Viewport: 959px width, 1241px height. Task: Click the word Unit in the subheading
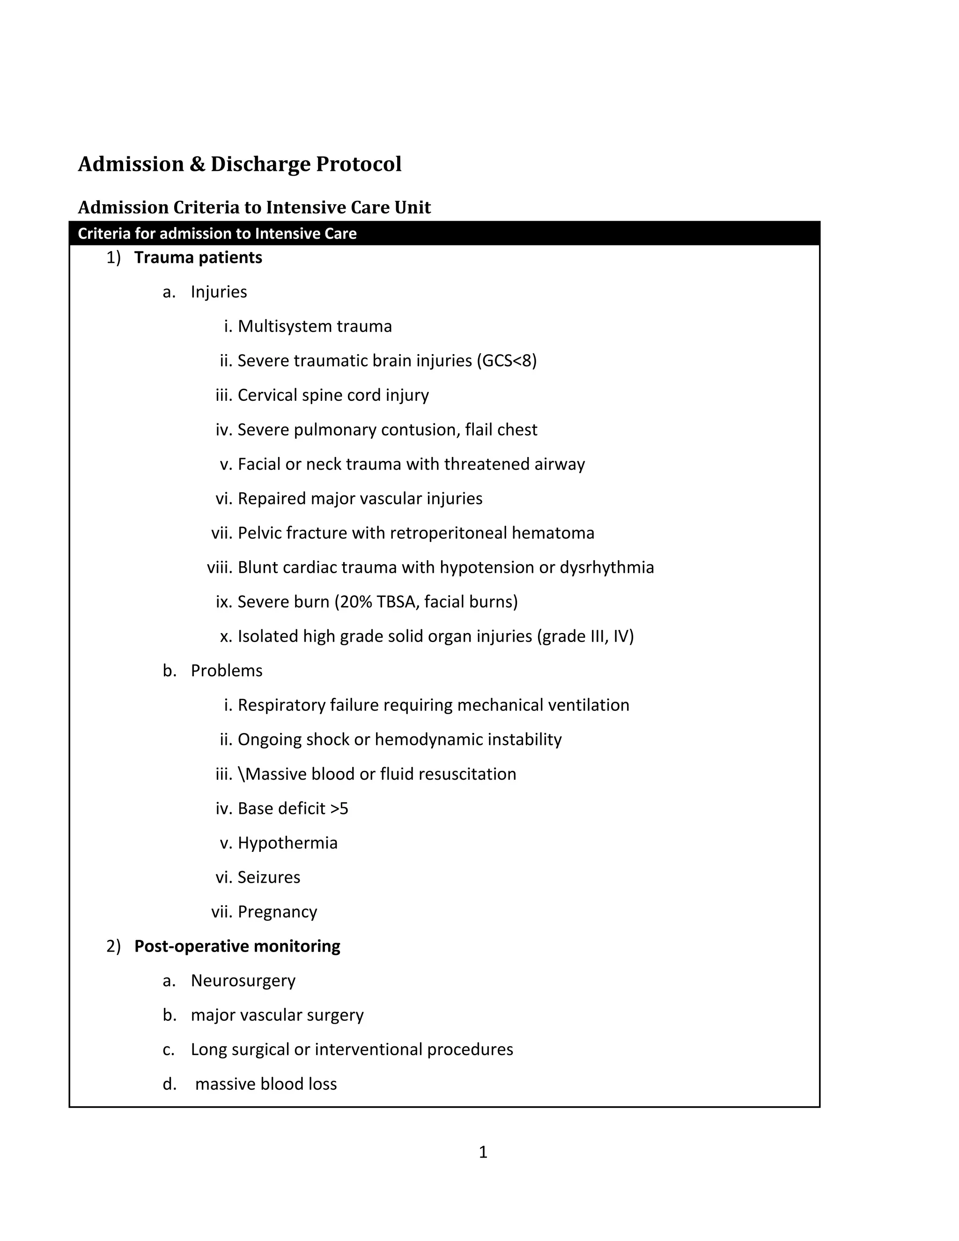[413, 207]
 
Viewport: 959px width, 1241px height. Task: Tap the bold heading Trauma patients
[198, 258]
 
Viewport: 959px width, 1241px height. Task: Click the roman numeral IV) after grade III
[623, 636]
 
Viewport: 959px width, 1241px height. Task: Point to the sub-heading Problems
[227, 671]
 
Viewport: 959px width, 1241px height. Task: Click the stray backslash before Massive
[241, 775]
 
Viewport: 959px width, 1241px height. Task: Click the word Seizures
[269, 877]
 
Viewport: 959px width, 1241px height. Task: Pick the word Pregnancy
[277, 912]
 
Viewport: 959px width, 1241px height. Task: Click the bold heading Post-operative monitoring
[237, 946]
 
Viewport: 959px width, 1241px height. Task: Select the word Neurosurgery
[243, 981]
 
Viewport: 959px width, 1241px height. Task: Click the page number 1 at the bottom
[483, 1152]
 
